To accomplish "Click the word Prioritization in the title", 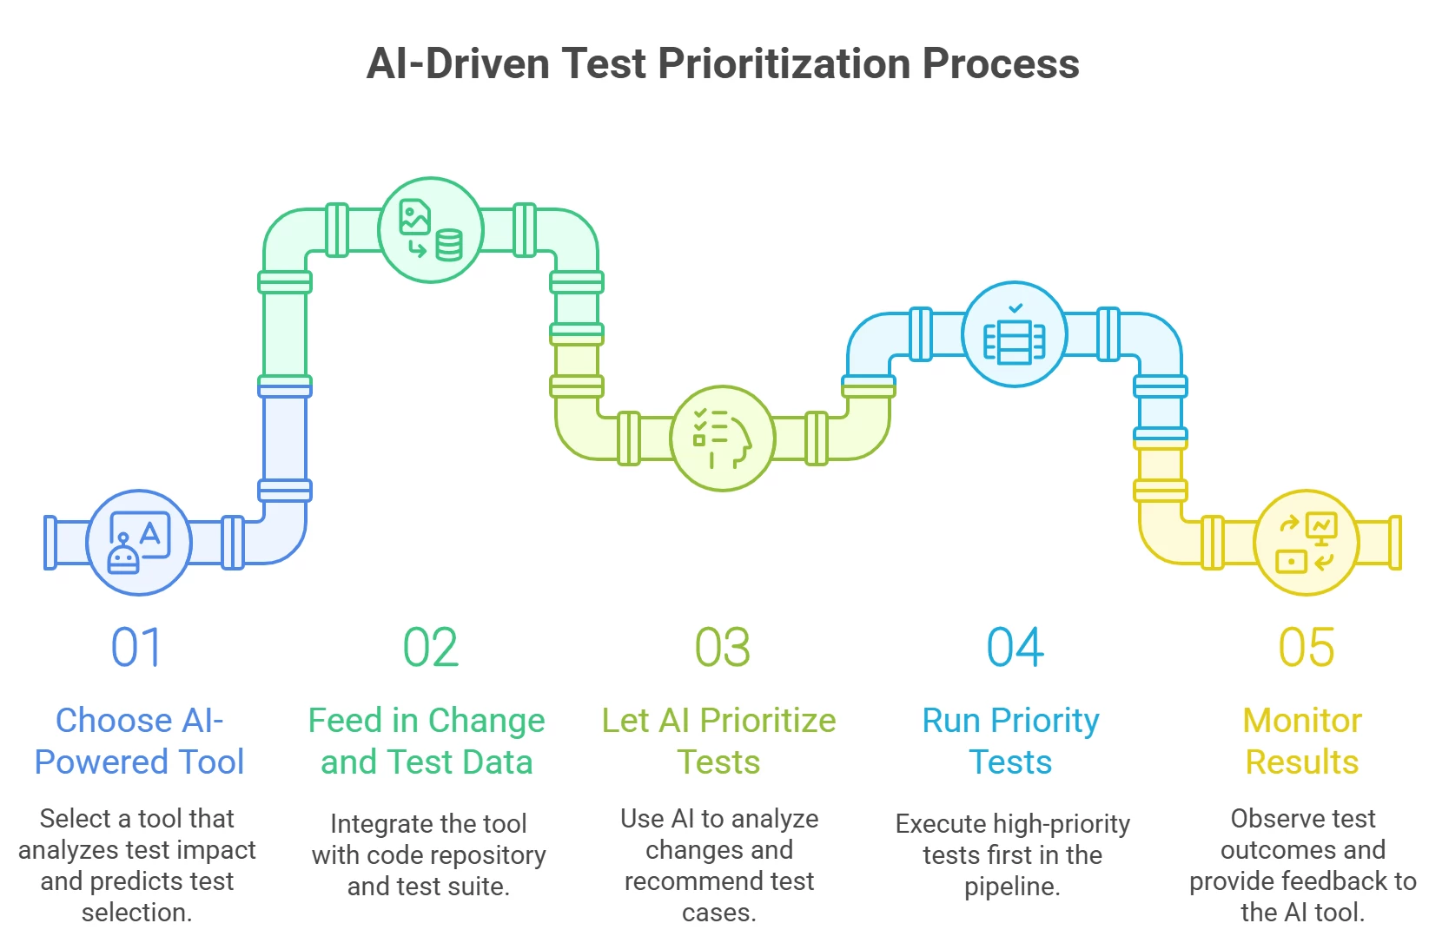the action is click(784, 63).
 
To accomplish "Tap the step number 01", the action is click(136, 647).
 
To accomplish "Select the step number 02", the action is click(431, 647).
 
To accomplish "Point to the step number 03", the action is click(722, 647).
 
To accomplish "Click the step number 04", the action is click(1015, 647).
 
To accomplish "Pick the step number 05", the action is click(1307, 647).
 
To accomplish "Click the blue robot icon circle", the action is click(139, 543).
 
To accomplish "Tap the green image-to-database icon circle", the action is click(431, 230).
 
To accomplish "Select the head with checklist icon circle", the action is click(723, 439).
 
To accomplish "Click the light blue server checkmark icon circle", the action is click(1015, 334).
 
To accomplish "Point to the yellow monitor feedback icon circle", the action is click(1307, 543).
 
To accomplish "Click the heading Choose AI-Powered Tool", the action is click(139, 741).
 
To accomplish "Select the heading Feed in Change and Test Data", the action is click(427, 741).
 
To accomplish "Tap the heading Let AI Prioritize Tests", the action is click(719, 741).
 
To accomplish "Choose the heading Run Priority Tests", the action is click(1011, 741).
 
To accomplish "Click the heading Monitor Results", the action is click(1303, 741).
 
